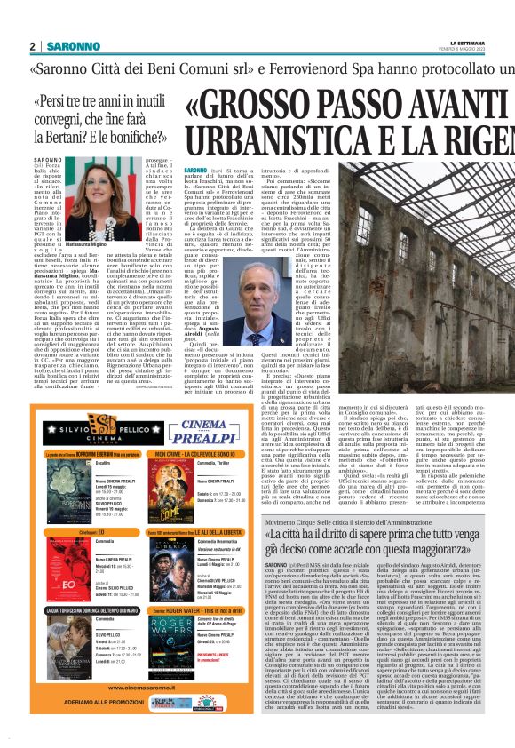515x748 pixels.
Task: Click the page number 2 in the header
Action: [32, 46]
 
